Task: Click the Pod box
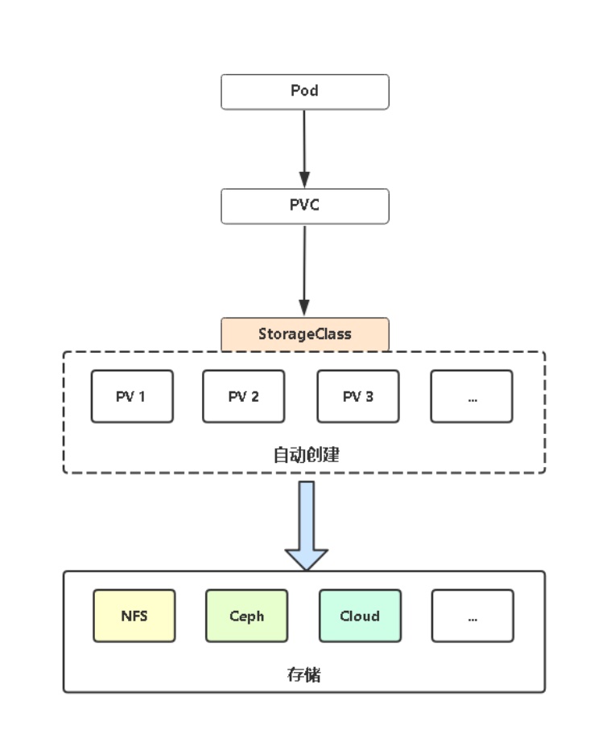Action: point(305,92)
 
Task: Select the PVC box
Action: point(305,206)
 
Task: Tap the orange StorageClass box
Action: point(305,334)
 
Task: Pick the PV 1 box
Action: point(132,396)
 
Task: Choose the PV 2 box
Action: point(243,396)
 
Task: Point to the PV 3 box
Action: point(358,396)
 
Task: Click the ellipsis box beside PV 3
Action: point(472,396)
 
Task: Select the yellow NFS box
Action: point(134,616)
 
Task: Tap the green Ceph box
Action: point(246,616)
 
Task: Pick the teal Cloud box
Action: point(360,616)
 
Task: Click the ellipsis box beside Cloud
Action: point(472,616)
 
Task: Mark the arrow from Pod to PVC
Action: point(305,145)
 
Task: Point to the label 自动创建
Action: point(307,454)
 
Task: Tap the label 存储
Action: point(304,674)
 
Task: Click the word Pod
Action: point(305,91)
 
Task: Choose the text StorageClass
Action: point(305,334)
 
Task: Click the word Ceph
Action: point(246,616)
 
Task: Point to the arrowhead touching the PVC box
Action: point(305,181)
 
